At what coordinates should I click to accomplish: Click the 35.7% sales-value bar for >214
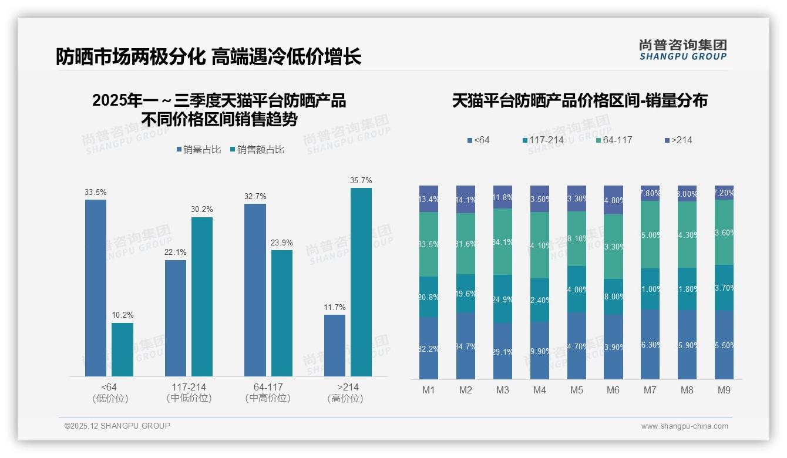click(x=361, y=282)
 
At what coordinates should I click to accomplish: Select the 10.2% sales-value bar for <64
click(x=122, y=349)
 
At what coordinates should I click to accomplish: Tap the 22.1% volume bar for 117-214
click(x=176, y=318)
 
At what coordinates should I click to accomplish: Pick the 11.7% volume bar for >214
click(x=335, y=345)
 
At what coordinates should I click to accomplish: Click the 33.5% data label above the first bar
click(x=96, y=192)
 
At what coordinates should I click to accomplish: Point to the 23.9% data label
click(x=281, y=243)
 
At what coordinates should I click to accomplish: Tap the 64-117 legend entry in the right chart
click(x=614, y=140)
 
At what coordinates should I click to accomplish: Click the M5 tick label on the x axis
click(x=576, y=390)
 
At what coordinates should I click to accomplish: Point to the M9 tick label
click(x=724, y=390)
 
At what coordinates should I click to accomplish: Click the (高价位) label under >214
click(x=345, y=399)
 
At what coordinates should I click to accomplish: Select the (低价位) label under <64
click(x=110, y=399)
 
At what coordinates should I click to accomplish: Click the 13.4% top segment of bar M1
click(x=429, y=199)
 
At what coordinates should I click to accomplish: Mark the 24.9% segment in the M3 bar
click(x=503, y=299)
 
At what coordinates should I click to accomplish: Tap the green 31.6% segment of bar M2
click(x=466, y=244)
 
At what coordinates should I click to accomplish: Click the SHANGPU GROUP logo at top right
click(x=682, y=50)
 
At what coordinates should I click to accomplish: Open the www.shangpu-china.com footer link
click(x=684, y=426)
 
